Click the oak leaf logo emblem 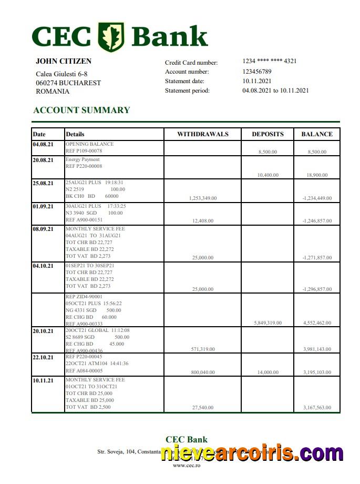click(x=111, y=37)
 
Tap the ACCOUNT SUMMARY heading click(x=81, y=110)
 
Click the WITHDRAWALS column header click(x=203, y=134)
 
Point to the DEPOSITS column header click(x=268, y=134)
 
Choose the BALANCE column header click(x=317, y=134)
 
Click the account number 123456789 click(x=257, y=72)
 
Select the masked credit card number click(x=270, y=61)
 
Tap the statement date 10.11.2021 click(x=257, y=81)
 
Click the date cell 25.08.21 click(x=43, y=183)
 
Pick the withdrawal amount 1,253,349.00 click(x=202, y=198)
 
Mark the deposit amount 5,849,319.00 click(x=268, y=323)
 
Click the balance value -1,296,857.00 click(x=317, y=289)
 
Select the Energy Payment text click(x=83, y=159)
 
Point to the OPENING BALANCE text click(x=89, y=144)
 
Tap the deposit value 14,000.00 click(x=268, y=372)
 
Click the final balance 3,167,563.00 click(x=317, y=408)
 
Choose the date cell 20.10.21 click(x=43, y=331)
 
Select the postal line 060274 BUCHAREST click(x=68, y=83)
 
